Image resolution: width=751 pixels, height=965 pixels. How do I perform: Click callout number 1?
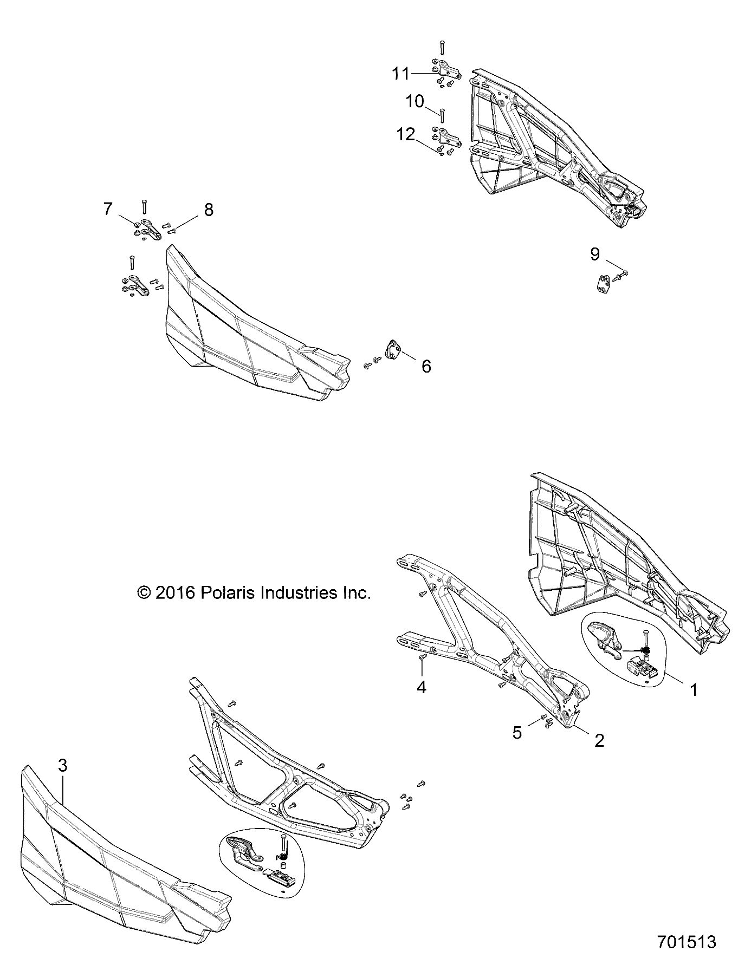pos(692,689)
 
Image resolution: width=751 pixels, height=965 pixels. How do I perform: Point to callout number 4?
pos(421,687)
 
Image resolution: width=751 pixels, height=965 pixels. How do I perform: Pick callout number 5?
pos(517,733)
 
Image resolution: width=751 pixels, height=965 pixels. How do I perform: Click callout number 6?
pos(426,367)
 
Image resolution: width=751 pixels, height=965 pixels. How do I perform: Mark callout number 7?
pos(108,208)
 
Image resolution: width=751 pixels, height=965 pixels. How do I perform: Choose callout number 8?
pos(208,210)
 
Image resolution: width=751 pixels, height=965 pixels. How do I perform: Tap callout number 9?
pos(595,253)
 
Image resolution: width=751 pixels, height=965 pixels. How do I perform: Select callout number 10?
pos(415,101)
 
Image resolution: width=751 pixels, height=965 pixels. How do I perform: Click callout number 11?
pos(401,73)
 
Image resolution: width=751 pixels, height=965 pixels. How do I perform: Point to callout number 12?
pos(406,134)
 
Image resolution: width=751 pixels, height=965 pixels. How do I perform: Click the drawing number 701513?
pos(687,941)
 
